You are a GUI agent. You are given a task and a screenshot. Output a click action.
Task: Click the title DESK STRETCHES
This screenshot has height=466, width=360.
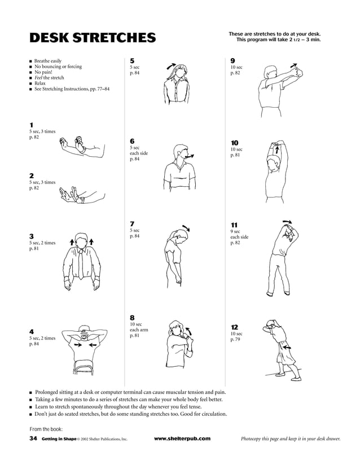92,38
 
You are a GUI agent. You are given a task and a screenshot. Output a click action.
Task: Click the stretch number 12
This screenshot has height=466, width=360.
234,327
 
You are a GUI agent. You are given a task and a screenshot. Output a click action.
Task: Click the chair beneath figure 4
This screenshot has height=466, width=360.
84,368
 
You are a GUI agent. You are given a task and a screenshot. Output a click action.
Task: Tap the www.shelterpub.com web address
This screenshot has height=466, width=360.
182,438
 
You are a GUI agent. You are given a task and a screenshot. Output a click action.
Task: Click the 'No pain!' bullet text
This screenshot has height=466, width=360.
45,72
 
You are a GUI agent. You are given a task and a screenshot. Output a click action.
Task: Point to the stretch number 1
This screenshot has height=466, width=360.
31,125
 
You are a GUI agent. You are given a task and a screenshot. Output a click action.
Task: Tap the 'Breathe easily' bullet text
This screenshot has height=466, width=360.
48,61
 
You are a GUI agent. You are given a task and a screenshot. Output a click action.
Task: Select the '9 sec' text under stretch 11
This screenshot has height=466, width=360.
236,231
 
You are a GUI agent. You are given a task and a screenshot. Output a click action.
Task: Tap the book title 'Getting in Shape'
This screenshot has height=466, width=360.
59,438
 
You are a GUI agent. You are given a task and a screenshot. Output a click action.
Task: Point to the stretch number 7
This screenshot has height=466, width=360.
132,223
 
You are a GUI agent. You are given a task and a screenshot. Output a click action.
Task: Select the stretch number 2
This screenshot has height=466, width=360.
32,175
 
